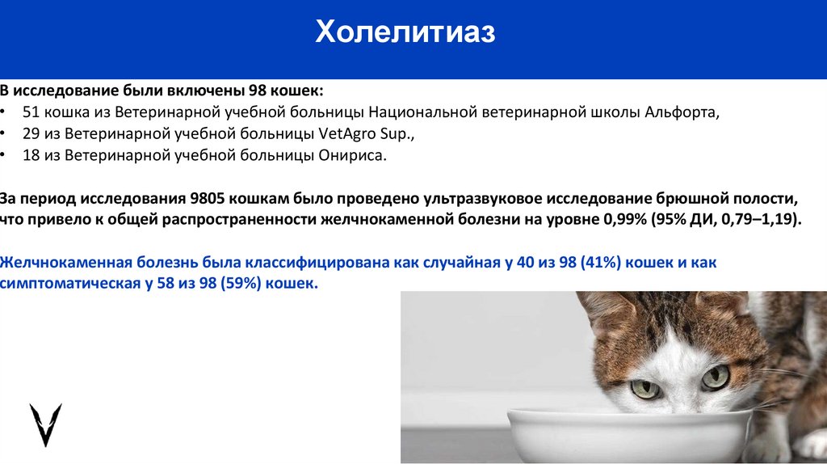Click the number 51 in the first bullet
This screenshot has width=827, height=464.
[x=31, y=112]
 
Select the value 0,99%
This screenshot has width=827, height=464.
[x=626, y=221]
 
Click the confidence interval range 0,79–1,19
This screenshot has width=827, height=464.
[x=756, y=221]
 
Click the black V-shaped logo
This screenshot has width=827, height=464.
[x=45, y=422]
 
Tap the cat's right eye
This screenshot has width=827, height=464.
[x=716, y=376]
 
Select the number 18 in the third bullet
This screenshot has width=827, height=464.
[x=31, y=155]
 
